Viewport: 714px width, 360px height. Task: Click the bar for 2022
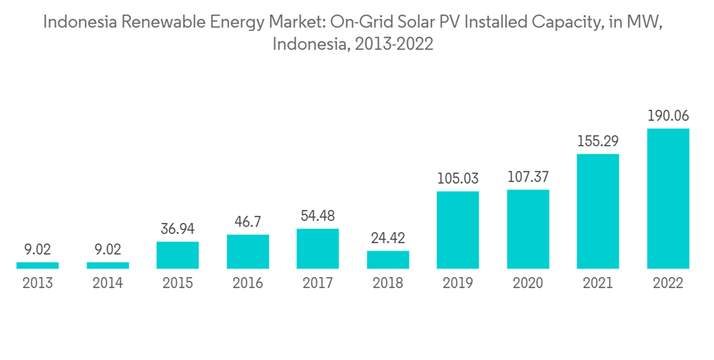click(668, 199)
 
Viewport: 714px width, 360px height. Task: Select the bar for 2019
click(458, 230)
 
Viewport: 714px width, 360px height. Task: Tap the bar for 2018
click(388, 259)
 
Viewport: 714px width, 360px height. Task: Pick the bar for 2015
click(178, 255)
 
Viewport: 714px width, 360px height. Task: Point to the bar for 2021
click(598, 211)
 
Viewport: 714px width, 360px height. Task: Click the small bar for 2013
click(38, 266)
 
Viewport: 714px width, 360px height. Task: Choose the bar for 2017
click(318, 249)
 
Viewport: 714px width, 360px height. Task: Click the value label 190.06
click(668, 116)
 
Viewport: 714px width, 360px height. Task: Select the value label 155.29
click(598, 141)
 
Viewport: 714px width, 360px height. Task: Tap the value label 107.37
click(528, 176)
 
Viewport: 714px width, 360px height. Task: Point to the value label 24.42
click(388, 238)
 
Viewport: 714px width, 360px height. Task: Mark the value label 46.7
click(248, 221)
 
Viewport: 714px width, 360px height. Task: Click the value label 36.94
click(178, 229)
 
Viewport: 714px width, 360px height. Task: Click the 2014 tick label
click(108, 284)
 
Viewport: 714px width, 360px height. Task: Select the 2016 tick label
click(248, 284)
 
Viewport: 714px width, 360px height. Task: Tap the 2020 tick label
click(528, 284)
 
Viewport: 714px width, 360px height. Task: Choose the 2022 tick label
click(668, 284)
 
